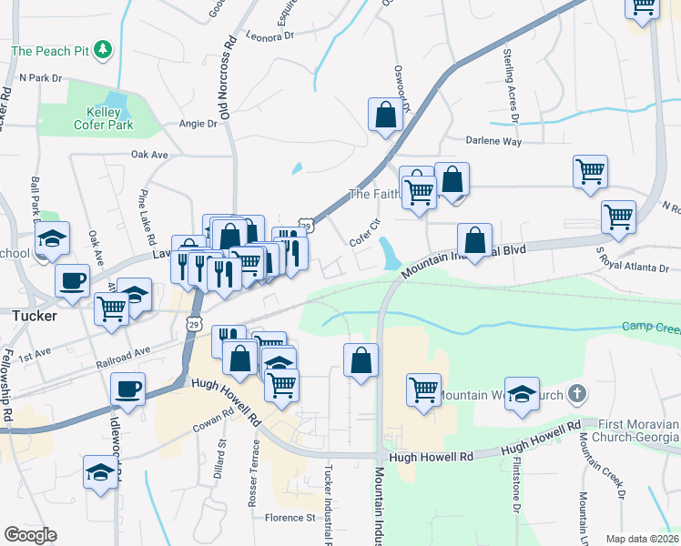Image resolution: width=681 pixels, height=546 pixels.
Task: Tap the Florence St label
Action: point(290,518)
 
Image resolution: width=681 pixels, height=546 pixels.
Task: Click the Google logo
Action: point(30,535)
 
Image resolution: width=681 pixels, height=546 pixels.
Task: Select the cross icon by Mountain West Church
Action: point(574,395)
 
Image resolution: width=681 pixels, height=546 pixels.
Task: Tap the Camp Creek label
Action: point(650,326)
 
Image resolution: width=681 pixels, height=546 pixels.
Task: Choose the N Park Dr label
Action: point(39,78)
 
